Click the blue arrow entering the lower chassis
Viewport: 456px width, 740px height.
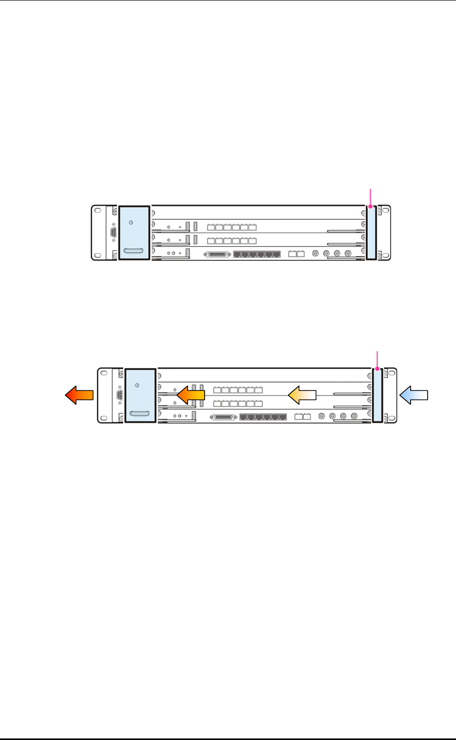414,394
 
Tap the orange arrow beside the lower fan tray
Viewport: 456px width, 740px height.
191,395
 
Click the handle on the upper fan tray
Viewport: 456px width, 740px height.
134,251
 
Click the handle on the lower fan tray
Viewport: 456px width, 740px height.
140,414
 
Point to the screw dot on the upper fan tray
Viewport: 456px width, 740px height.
130,222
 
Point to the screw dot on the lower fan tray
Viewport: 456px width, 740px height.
137,385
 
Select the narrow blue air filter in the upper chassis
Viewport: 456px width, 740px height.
371,232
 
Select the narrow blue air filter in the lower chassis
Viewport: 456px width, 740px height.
377,395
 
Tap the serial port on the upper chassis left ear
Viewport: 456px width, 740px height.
113,232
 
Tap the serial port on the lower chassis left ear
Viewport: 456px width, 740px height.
120,394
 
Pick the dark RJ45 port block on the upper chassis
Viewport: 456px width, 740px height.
257,254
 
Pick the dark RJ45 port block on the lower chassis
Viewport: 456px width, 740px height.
263,416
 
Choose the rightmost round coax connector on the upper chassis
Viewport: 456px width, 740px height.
348,253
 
